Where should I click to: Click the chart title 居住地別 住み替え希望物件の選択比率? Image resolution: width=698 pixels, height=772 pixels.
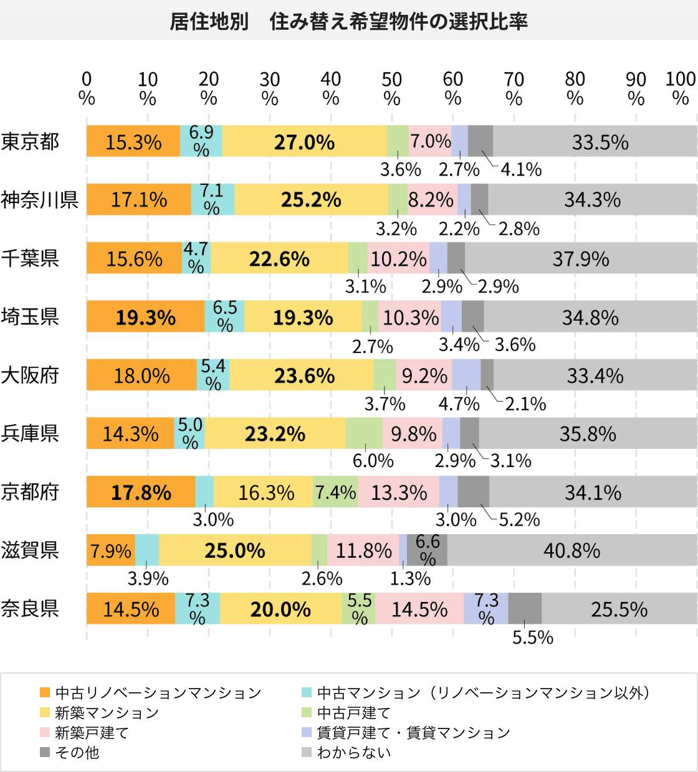point(349,22)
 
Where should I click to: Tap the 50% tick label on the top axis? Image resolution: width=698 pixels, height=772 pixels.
point(391,88)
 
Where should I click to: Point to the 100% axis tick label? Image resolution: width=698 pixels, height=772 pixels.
point(680,88)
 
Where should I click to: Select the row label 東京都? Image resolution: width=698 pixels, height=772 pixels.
point(30,142)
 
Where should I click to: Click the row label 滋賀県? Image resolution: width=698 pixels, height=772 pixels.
point(30,550)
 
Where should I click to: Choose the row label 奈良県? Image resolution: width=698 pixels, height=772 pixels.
point(30,608)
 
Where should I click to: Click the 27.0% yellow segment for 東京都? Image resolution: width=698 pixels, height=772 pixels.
point(304,142)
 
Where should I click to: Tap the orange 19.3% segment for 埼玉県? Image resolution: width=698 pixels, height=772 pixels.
point(145,318)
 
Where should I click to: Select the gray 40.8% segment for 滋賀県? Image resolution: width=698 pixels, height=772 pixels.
point(571,550)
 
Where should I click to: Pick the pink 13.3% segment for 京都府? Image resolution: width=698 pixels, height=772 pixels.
point(399,492)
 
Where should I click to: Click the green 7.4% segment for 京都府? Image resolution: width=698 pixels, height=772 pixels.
point(335,492)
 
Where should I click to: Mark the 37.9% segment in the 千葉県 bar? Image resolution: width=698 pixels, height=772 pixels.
point(580,259)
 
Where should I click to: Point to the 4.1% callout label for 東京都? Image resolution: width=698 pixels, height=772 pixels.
point(521,169)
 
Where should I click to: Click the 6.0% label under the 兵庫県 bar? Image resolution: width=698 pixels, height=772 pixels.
point(373,461)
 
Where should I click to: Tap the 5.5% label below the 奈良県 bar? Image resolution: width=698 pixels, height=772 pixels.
point(532,637)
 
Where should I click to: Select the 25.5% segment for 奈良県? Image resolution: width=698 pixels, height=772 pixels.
point(619,609)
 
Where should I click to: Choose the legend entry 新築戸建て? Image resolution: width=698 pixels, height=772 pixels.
point(92,733)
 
